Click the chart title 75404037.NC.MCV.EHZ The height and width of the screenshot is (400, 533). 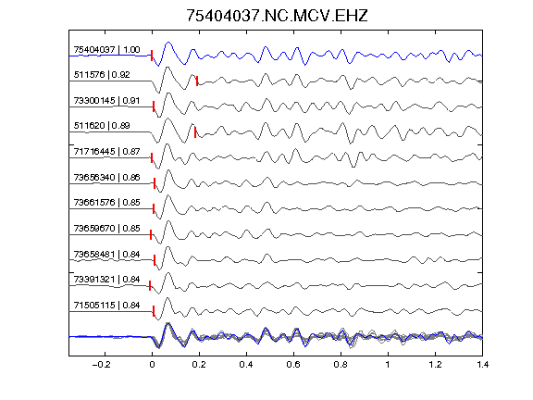point(277,16)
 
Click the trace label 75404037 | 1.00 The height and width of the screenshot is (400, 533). point(106,50)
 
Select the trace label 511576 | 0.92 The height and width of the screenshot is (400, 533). point(102,74)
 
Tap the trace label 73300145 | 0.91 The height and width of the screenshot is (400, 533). point(106,101)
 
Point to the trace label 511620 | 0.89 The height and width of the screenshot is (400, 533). point(102,126)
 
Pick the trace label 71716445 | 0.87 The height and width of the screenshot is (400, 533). point(106,151)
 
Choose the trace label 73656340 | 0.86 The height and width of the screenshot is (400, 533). point(106,177)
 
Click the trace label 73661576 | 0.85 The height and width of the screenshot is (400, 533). point(106,203)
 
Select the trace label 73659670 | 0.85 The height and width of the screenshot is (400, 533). point(106,228)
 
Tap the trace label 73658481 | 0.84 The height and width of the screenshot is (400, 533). point(106,255)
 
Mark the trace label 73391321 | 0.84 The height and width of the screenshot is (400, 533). point(106,280)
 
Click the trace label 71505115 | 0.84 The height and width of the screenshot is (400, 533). point(106,306)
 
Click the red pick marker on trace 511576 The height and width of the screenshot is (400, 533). point(197,81)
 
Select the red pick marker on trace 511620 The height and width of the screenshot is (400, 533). point(195,132)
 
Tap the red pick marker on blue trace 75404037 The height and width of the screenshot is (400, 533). point(152,56)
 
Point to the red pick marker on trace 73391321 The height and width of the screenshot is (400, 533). point(150,286)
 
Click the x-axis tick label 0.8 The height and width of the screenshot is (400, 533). point(341,365)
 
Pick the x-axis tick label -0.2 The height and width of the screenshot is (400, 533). point(101,365)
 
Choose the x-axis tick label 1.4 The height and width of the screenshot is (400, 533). point(482,365)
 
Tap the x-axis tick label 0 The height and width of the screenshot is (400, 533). point(152,365)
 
